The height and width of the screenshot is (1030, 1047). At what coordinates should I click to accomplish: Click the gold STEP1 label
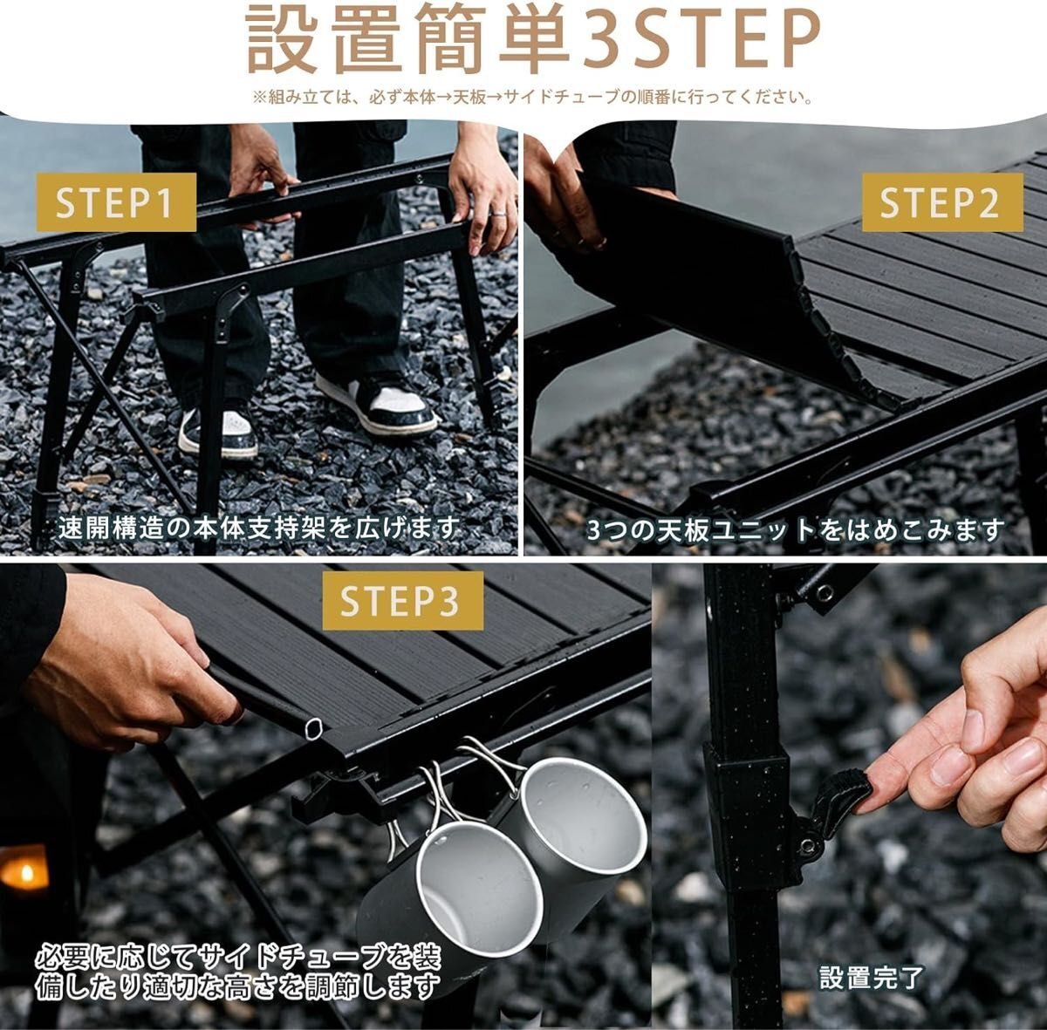pyautogui.click(x=116, y=202)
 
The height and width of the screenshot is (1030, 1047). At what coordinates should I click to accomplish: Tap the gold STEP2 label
pyautogui.click(x=942, y=202)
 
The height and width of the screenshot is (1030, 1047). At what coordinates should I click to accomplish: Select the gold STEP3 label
pyautogui.click(x=403, y=601)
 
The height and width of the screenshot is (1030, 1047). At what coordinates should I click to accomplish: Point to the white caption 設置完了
pyautogui.click(x=872, y=978)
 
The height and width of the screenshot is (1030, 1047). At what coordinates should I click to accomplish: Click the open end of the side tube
pyautogui.click(x=315, y=728)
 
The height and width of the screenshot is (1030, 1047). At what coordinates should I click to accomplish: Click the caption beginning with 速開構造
pyautogui.click(x=259, y=529)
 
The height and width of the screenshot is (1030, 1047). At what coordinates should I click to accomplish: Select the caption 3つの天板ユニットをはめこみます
pyautogui.click(x=796, y=531)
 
